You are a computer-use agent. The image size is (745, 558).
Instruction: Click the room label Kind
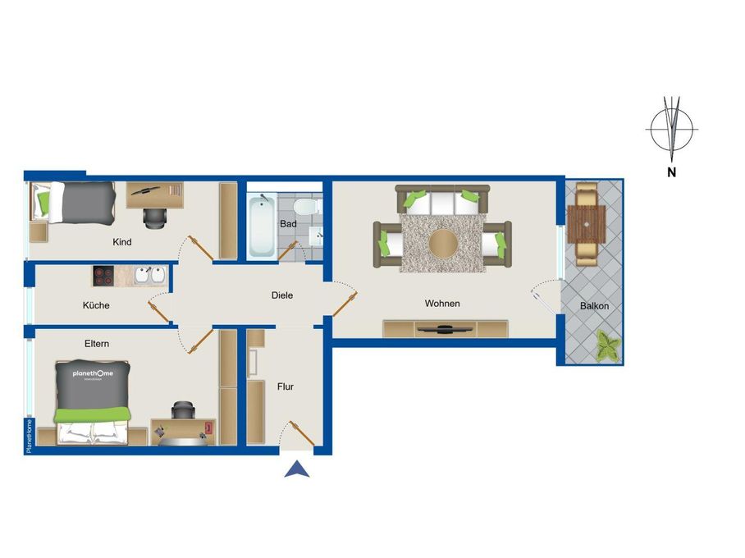[122, 242]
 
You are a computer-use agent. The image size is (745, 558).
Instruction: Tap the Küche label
[96, 305]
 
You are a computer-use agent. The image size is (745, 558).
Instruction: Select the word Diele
[282, 295]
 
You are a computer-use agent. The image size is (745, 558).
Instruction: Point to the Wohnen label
[442, 304]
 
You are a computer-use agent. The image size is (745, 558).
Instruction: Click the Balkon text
[594, 306]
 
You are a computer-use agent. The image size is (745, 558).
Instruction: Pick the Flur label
[285, 386]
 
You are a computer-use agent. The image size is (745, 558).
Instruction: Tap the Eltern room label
[96, 344]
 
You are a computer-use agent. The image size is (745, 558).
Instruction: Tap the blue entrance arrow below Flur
[297, 469]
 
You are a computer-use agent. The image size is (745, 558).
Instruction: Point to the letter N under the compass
[671, 172]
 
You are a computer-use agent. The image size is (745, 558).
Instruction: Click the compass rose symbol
[672, 129]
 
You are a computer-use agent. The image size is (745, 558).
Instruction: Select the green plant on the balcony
[607, 345]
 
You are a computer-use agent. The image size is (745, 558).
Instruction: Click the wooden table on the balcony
[586, 222]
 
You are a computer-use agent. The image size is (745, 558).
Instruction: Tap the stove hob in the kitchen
[103, 276]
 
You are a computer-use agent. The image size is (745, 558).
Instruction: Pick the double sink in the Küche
[149, 276]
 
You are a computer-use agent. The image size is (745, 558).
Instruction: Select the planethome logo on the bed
[93, 374]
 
